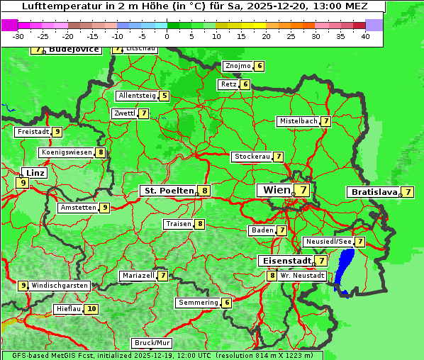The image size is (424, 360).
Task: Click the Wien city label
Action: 277,190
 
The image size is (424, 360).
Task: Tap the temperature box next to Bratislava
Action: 408,192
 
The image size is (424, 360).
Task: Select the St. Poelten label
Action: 169,191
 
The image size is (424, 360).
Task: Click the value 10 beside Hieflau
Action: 91,309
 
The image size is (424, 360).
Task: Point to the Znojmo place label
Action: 238,66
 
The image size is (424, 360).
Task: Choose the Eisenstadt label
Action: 284,261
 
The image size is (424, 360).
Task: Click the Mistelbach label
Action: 298,121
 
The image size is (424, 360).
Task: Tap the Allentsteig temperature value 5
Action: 164,96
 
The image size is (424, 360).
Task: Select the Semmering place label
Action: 198,303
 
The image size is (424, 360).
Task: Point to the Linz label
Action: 34,173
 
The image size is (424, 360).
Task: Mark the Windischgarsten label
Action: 60,286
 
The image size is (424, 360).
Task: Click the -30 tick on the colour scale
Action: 18,36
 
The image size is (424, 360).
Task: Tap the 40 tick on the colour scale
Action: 365,36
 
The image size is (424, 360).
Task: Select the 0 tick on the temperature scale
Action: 167,36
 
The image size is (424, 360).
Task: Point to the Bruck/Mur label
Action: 152,343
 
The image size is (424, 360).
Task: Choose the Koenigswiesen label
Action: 67,152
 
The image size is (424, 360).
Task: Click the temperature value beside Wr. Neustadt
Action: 272,275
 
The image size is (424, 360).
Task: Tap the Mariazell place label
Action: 138,275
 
